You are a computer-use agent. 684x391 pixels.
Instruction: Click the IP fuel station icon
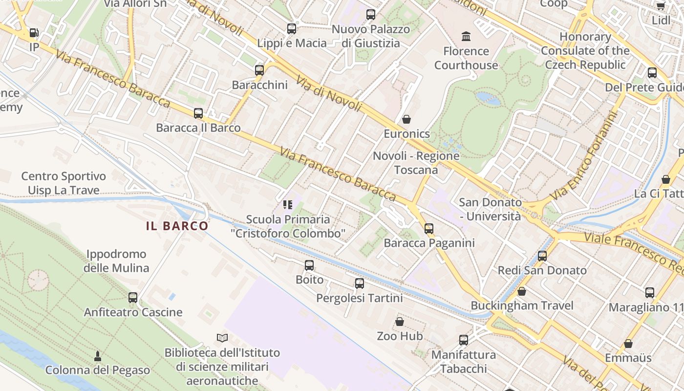[x=34, y=33]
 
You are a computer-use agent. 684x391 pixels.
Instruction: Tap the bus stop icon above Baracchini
[x=259, y=70]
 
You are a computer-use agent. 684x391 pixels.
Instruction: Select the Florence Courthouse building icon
[x=466, y=36]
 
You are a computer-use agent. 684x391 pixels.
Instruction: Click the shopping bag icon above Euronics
[x=406, y=119]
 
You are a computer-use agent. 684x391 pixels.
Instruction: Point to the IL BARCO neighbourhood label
[x=177, y=226]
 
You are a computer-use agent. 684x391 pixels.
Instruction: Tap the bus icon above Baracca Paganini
[x=429, y=228]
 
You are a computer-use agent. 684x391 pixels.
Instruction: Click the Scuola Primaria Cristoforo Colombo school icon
[x=288, y=204]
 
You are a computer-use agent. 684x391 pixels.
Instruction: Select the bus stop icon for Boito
[x=309, y=265]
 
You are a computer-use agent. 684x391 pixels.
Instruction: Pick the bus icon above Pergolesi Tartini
[x=360, y=283]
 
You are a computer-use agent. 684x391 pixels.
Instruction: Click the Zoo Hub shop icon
[x=400, y=322]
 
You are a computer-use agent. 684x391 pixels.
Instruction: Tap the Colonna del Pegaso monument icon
[x=98, y=355]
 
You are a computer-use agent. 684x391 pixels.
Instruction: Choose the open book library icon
[x=222, y=338]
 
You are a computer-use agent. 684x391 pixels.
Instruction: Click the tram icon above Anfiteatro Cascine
[x=133, y=297]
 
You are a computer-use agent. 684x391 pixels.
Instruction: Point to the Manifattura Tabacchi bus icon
[x=464, y=340]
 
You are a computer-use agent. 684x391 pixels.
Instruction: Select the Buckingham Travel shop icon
[x=522, y=291]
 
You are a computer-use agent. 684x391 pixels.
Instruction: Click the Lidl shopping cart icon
[x=661, y=6]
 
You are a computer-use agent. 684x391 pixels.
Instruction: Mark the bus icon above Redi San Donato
[x=542, y=256]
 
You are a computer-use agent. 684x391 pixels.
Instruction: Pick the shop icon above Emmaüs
[x=628, y=344]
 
